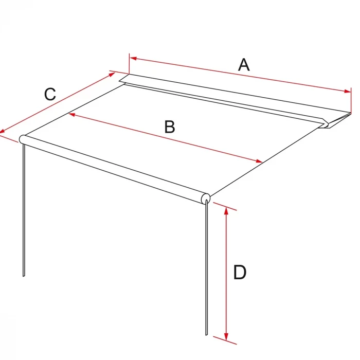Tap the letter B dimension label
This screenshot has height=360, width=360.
coord(170,127)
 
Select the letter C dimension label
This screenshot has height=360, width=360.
coord(50,94)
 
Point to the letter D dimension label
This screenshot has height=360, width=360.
coord(240,272)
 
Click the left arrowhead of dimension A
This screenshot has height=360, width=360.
coord(133,58)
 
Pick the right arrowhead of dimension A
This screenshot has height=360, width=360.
coord(347,92)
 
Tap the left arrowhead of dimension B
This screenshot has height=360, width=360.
coord(72,114)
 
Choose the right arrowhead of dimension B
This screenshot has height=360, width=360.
coord(259,161)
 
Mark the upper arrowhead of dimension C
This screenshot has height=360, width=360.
coord(112,74)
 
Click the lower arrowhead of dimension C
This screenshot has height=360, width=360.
coord(2,131)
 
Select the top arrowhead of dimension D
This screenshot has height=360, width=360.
coord(226,211)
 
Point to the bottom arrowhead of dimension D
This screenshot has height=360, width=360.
coord(226,336)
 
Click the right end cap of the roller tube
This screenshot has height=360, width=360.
coord(206,199)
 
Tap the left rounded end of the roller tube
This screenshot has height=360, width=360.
coord(22,139)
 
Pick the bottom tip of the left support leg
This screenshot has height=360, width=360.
coord(24,276)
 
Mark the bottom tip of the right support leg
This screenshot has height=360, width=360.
coord(206,334)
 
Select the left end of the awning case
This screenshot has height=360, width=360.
coord(124,79)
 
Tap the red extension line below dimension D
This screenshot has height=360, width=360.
coord(225,340)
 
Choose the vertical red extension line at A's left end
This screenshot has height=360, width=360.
coord(129,64)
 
